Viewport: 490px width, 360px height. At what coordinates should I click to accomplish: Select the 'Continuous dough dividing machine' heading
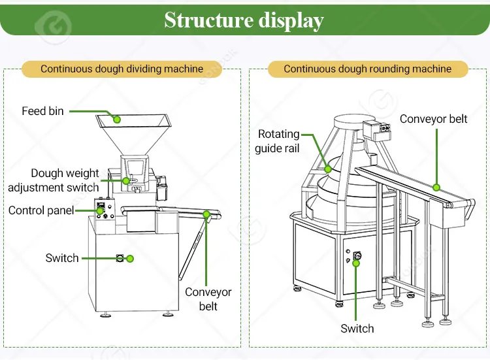(122, 69)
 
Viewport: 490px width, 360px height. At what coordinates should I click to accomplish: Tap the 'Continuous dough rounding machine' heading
(367, 69)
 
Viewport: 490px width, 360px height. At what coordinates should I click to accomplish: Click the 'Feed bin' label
(42, 111)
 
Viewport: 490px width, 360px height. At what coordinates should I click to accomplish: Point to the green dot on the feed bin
(116, 119)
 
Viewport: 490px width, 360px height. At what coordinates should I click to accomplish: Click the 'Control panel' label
(41, 210)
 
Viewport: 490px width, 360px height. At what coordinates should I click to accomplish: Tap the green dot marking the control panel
(101, 210)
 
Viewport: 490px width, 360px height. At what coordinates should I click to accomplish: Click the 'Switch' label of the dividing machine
(62, 258)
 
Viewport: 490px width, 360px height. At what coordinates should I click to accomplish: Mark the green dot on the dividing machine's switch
(129, 259)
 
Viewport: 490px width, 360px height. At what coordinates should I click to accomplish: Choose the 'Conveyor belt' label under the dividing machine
(208, 299)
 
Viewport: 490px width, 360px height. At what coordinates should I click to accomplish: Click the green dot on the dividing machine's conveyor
(206, 214)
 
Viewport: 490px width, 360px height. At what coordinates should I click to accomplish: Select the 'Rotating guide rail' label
(278, 141)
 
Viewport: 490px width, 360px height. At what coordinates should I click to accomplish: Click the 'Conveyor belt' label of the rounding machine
(433, 119)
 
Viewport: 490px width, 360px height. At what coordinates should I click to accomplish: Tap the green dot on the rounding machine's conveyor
(436, 188)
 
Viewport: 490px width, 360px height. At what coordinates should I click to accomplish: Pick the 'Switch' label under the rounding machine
(357, 329)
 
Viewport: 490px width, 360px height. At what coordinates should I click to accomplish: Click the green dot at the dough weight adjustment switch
(126, 180)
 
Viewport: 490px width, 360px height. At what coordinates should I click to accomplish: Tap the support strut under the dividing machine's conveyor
(190, 252)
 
